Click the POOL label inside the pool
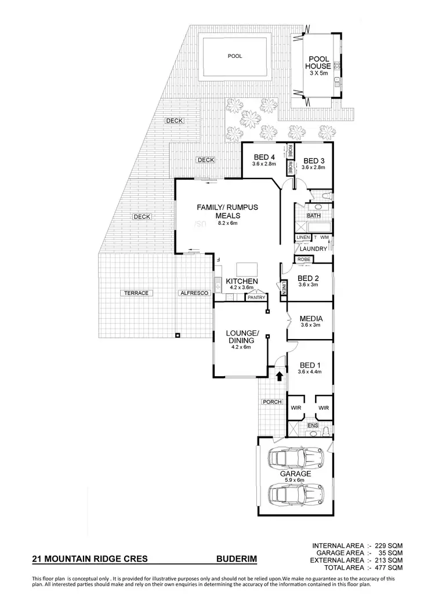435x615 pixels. point(235,56)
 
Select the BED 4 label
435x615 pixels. point(264,158)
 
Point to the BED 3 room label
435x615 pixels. point(313,161)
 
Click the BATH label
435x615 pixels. point(314,216)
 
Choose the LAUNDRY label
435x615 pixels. point(313,249)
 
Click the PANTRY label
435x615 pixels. point(256,297)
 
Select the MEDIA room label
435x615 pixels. point(311,319)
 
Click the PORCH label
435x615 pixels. point(272,402)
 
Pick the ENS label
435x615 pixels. point(312,426)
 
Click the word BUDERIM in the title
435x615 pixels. point(236,559)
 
